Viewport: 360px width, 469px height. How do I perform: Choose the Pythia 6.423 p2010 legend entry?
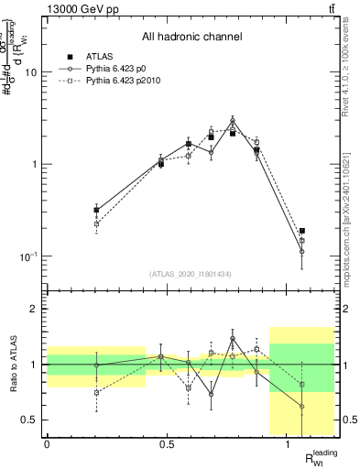click(x=124, y=81)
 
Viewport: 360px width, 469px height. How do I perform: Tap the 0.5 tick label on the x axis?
click(x=167, y=444)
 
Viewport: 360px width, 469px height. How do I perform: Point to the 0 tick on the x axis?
click(x=47, y=444)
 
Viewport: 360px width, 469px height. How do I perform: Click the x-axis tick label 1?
click(x=288, y=444)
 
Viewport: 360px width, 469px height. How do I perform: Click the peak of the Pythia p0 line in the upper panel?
click(x=233, y=120)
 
